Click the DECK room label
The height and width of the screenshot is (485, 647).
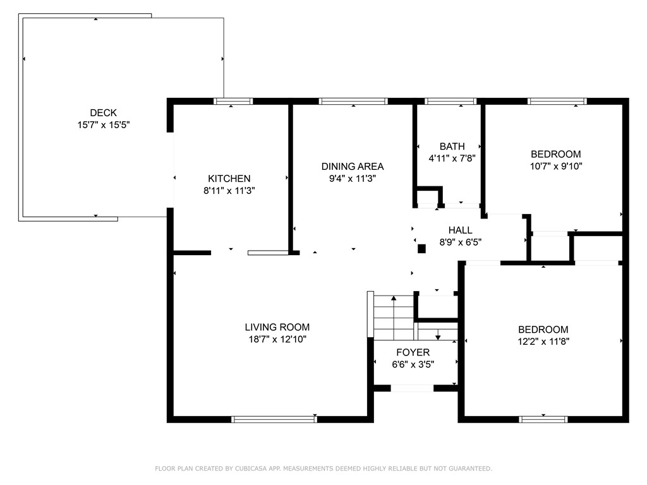coord(103,112)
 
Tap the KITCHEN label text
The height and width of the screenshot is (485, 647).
coord(229,179)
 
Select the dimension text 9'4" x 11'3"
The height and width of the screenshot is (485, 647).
coord(353,179)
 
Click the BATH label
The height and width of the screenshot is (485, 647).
coord(452,147)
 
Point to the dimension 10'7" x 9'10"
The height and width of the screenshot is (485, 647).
coord(556,166)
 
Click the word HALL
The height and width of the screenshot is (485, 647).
coord(460,230)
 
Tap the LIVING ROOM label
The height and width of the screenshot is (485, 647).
coord(277,327)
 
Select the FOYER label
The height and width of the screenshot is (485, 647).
coord(413,352)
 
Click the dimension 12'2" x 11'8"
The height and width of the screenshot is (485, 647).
coord(543,342)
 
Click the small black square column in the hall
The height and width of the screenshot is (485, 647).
coord(421,249)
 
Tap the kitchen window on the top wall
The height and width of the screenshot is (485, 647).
coord(233,102)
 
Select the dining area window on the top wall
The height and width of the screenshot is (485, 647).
coord(353,102)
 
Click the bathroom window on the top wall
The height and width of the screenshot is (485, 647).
coord(450,102)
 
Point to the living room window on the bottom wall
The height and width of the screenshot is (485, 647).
coord(274,419)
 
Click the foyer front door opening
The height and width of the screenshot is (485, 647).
coord(412,388)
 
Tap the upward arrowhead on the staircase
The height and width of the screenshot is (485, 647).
coord(394,298)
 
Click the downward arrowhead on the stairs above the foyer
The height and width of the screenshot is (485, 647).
coord(438,337)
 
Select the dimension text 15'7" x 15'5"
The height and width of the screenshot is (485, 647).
coord(104,124)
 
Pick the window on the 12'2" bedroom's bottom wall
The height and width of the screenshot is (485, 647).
coord(543,419)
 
